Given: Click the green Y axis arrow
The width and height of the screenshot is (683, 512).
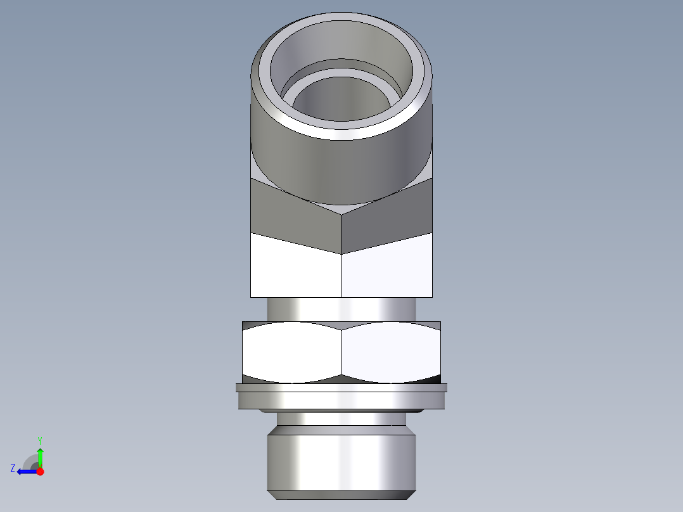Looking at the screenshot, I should (x=40, y=456).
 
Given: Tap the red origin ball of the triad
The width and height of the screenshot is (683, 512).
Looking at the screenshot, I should (x=40, y=471).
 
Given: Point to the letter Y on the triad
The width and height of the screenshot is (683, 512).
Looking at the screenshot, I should (x=40, y=440).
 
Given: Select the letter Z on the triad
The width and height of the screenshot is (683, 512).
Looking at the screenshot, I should (x=13, y=468).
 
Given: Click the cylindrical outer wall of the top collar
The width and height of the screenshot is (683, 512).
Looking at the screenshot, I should (x=342, y=165).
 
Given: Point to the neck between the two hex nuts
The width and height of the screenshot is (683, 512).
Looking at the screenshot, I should (x=342, y=309).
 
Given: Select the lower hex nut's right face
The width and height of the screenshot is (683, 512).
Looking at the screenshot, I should (x=390, y=352).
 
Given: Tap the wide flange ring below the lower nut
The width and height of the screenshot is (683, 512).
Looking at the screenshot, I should (x=342, y=399).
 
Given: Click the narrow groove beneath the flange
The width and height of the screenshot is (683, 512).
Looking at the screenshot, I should (x=342, y=419).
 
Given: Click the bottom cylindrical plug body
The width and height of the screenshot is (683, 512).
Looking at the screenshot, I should (x=342, y=459).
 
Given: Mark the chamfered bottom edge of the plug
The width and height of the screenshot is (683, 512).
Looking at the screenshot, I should (x=342, y=495).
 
